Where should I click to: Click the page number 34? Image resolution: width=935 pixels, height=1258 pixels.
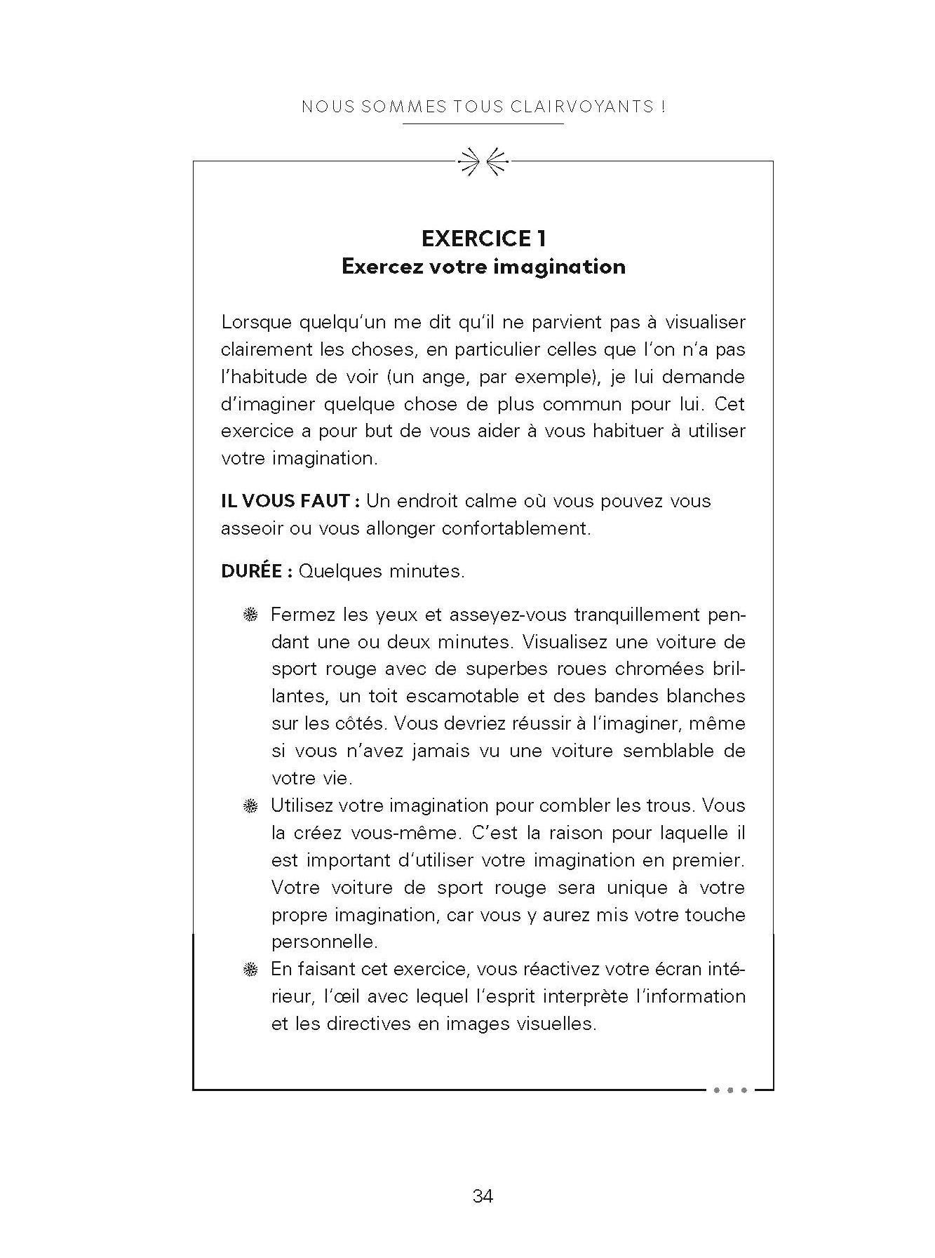(x=483, y=1196)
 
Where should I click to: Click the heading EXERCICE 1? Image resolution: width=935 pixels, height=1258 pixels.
(x=483, y=239)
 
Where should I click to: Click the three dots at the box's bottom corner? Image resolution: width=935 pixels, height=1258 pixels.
(x=729, y=1090)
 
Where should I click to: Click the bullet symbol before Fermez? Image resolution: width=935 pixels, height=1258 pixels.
(x=250, y=616)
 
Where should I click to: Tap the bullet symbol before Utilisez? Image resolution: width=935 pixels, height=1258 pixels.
(x=250, y=807)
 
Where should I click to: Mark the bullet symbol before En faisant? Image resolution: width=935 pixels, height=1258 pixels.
(x=250, y=970)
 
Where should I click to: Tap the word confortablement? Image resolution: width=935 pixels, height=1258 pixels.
(x=516, y=528)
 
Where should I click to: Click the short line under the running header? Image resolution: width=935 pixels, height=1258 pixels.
(x=483, y=124)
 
